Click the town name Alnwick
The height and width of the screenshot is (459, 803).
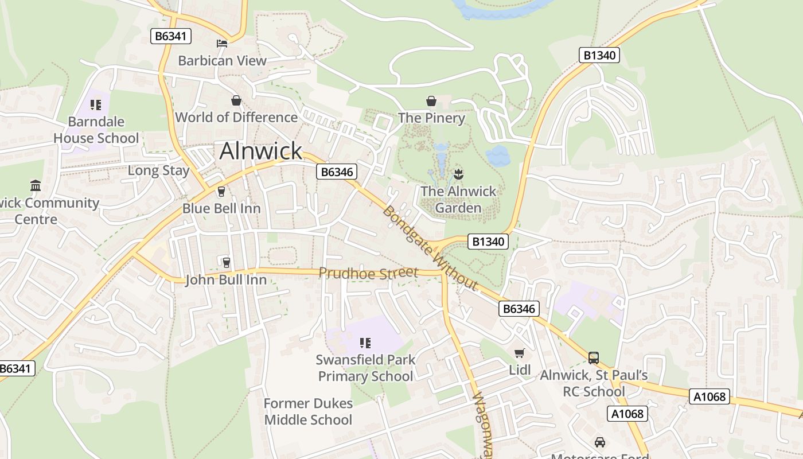(x=260, y=151)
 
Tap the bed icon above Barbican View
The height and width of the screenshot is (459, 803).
(x=222, y=44)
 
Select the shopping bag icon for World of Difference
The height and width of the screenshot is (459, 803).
(x=236, y=101)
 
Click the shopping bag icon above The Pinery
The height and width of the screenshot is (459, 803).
(x=431, y=102)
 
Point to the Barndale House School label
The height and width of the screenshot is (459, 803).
(x=96, y=130)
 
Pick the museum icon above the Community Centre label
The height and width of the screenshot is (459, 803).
(x=36, y=185)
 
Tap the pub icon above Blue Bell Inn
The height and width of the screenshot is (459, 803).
(x=221, y=192)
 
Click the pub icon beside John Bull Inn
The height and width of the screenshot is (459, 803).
(x=226, y=263)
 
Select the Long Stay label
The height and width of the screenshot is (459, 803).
(x=158, y=170)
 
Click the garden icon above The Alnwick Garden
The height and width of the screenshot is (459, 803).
(x=458, y=173)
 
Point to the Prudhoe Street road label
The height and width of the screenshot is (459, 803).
(x=368, y=273)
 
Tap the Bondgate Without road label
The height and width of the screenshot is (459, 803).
(x=430, y=248)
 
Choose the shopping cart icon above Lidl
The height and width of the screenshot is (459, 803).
(x=520, y=353)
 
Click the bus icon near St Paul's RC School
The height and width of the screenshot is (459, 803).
(x=594, y=358)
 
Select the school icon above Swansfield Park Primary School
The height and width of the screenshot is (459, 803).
(x=365, y=343)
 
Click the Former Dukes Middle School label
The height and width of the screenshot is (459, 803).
(x=308, y=411)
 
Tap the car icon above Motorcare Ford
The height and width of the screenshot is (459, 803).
(x=600, y=442)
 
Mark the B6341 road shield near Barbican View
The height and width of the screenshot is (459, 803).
(x=171, y=37)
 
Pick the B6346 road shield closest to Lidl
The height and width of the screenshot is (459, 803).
(x=519, y=309)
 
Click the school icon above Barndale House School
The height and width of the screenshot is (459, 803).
(x=96, y=105)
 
